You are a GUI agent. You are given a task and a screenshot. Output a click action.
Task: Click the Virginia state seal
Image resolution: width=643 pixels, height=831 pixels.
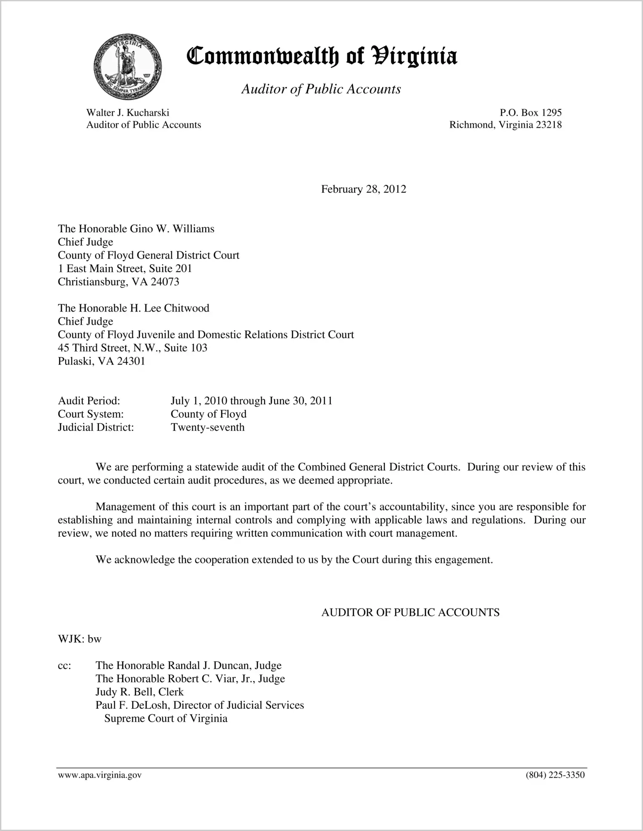[x=127, y=67]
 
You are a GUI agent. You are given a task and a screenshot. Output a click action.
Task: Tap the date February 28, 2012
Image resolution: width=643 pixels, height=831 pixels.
[x=363, y=189]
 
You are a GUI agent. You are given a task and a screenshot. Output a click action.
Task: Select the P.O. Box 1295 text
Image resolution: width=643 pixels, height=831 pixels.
[x=530, y=113]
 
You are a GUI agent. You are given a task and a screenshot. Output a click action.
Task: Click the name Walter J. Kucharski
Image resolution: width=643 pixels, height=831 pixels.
[x=127, y=113]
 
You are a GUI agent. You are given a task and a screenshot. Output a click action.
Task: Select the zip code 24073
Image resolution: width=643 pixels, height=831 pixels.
[x=164, y=282]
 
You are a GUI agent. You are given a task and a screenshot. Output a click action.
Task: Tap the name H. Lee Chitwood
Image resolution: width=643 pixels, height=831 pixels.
[x=170, y=308]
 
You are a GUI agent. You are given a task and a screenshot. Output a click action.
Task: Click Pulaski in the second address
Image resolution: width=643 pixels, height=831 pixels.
[x=76, y=361]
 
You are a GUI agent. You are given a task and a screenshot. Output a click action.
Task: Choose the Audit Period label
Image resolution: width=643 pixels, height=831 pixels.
[x=89, y=401]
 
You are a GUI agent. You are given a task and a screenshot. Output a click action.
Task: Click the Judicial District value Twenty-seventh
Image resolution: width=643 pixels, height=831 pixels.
[x=207, y=428]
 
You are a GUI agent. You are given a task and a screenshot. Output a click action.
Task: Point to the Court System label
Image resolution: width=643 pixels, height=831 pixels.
[x=90, y=414]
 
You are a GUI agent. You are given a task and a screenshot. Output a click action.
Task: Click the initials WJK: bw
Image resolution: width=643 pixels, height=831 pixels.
[x=80, y=639]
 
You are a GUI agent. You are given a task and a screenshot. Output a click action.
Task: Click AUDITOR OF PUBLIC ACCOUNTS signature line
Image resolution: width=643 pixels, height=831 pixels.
[x=410, y=613]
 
